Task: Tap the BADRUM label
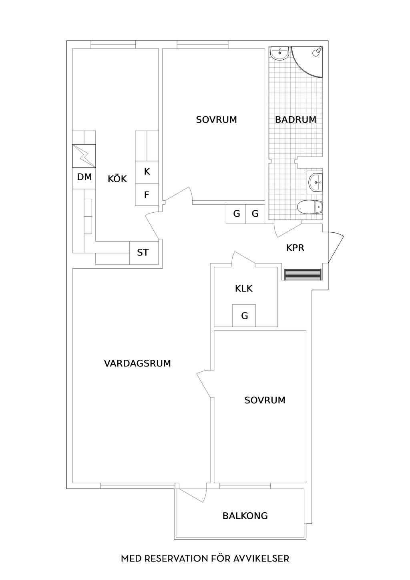coord(295,120)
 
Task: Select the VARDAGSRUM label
coord(137,363)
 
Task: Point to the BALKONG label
coord(245,516)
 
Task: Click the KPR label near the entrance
coord(295,248)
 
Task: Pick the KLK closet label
coord(243,288)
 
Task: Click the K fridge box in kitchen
coord(147,172)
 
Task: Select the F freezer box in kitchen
coord(147,194)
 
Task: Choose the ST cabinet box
coord(144,253)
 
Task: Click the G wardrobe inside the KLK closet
coord(244,316)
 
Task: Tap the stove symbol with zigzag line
coord(84,156)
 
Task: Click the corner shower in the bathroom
coord(307,62)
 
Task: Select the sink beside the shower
coord(279,54)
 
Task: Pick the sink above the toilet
coord(315,182)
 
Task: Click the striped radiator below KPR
coord(303,274)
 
